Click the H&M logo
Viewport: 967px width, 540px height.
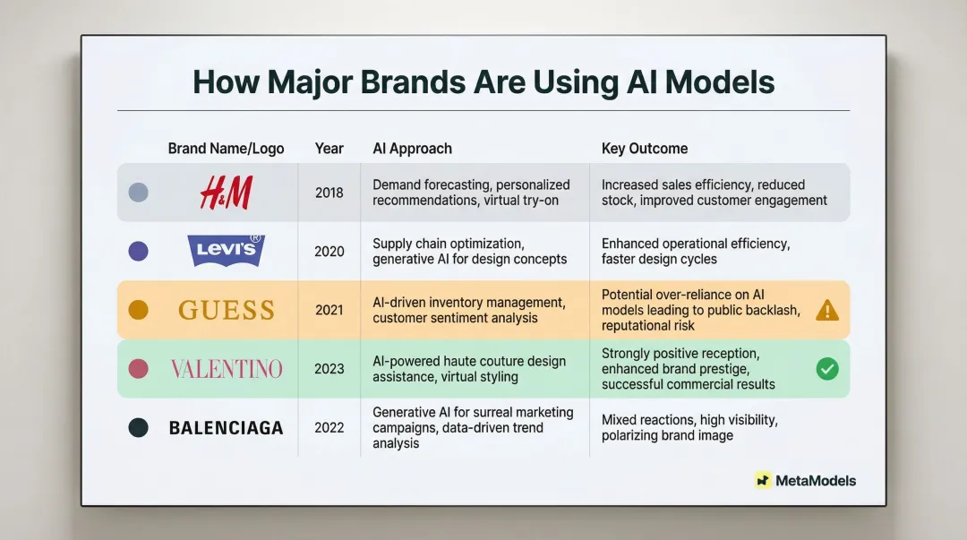coord(226,193)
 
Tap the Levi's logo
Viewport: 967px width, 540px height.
coord(226,251)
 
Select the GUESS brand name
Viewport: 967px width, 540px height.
coord(226,310)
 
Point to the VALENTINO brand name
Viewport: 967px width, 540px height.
coord(226,369)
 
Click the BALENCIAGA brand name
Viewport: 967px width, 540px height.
coord(226,428)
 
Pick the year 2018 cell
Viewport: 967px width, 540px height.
coord(329,193)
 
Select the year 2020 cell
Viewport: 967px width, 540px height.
coord(329,252)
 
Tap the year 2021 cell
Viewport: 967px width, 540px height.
coord(329,310)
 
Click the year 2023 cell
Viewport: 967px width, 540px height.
coord(329,369)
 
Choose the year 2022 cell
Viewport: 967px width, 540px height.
coord(329,428)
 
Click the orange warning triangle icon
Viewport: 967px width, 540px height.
coord(827,310)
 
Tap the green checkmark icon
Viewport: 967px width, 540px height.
coord(827,368)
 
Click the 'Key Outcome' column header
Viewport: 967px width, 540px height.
coord(644,149)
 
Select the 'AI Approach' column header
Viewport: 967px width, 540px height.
coord(412,149)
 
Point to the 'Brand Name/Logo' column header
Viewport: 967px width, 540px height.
coord(226,149)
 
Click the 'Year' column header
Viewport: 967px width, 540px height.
coord(329,149)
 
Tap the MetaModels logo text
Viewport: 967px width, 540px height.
coord(815,481)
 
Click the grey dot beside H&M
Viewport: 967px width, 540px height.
coord(138,193)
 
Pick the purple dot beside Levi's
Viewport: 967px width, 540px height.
coord(138,252)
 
